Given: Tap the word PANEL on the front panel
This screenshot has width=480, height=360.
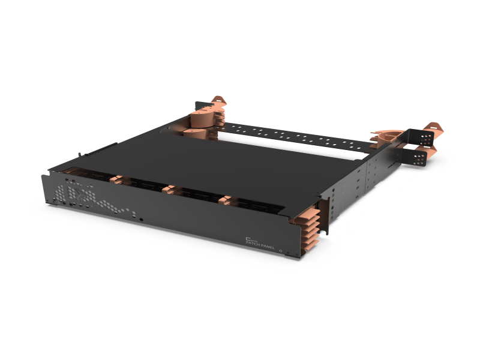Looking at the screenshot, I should [x=268, y=245].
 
